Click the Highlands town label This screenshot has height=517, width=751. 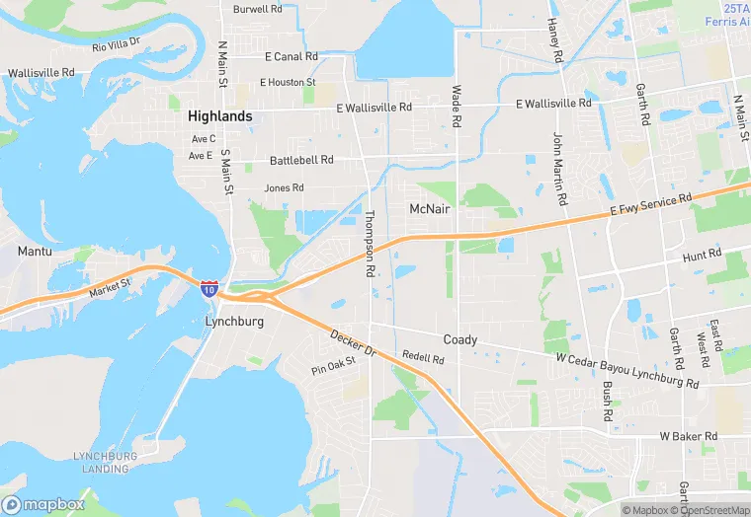pos(219,115)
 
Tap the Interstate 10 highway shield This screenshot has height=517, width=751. pos(209,287)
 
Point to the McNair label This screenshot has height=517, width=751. pos(430,209)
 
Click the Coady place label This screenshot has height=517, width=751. pos(459,339)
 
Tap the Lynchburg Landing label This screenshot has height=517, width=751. pos(101,462)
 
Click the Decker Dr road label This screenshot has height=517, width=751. pos(355,343)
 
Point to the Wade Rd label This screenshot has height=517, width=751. pos(457,106)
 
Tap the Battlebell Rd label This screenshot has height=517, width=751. pos(301,160)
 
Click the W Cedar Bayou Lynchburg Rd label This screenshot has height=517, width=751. pos(627,370)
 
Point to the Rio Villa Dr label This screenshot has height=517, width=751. pos(117,44)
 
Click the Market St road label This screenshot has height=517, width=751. pos(109,287)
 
